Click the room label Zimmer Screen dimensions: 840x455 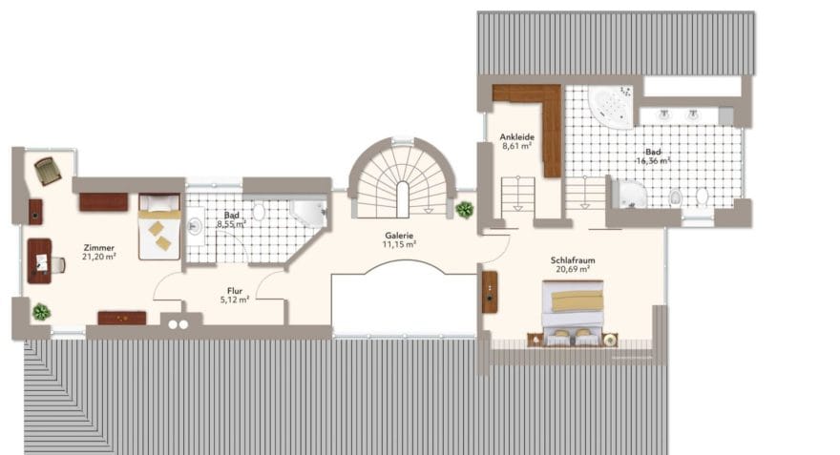99,248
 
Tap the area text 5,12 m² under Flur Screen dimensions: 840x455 235,300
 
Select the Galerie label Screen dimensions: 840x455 399,236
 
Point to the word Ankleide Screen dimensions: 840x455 517,137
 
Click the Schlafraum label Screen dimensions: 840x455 573,260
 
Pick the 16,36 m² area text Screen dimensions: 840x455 654,160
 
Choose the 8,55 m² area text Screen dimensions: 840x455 231,224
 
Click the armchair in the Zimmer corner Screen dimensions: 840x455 48,171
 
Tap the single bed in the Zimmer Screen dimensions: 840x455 159,226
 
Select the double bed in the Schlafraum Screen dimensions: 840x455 573,313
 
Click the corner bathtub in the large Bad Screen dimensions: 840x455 611,107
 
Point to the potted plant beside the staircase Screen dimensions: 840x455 465,209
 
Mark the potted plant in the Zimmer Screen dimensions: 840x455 41,312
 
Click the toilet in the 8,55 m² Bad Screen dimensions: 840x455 259,212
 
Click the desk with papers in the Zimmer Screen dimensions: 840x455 40,261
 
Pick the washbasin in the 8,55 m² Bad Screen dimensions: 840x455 195,226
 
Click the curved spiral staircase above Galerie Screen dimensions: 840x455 402,178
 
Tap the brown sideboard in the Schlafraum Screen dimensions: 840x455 490,292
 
